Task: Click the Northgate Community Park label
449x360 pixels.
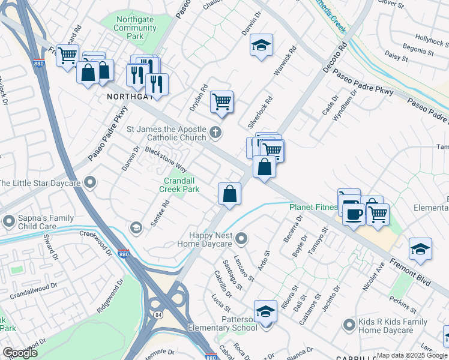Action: tap(135, 28)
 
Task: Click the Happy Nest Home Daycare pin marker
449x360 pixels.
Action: tap(241, 239)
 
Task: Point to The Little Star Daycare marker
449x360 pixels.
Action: tap(90, 182)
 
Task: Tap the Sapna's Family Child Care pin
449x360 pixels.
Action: tap(8, 222)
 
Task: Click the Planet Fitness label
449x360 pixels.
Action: tap(313, 207)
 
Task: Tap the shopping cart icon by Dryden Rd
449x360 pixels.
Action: tap(221, 102)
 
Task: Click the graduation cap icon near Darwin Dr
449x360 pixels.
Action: tap(261, 46)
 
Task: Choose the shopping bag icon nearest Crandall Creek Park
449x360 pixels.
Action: tap(229, 194)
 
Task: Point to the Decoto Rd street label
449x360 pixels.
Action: tap(334, 58)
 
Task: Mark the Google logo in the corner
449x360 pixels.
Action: tap(20, 353)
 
